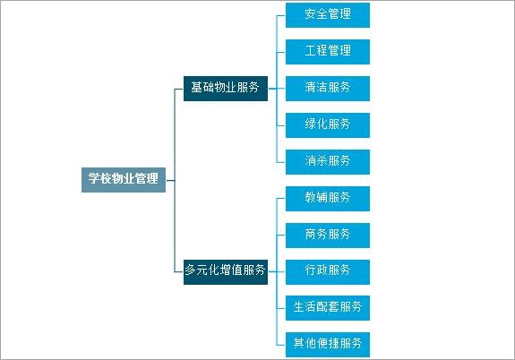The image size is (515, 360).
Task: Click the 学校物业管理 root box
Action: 124,180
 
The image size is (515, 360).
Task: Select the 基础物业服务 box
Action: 226,89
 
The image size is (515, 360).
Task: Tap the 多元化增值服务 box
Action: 226,272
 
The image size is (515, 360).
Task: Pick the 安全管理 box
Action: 328,15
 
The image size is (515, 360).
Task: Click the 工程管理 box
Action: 328,52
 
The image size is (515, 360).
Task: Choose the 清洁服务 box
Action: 328,89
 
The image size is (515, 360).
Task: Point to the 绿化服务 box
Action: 328,125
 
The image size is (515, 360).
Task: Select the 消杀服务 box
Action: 328,162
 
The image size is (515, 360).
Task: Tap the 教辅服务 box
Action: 328,199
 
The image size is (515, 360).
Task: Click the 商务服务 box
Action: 328,236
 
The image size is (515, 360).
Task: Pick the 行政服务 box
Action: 328,272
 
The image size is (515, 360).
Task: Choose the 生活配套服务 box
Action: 328,308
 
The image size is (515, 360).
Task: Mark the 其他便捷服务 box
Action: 328,345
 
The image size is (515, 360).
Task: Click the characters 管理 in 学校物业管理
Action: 147,179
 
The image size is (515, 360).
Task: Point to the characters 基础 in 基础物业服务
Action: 202,88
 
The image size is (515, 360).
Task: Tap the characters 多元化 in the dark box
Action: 202,270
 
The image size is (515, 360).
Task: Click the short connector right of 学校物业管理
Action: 170,180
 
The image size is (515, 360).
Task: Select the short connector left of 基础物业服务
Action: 178,89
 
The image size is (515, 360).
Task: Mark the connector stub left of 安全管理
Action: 281,15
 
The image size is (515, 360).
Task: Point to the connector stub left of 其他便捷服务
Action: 281,345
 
